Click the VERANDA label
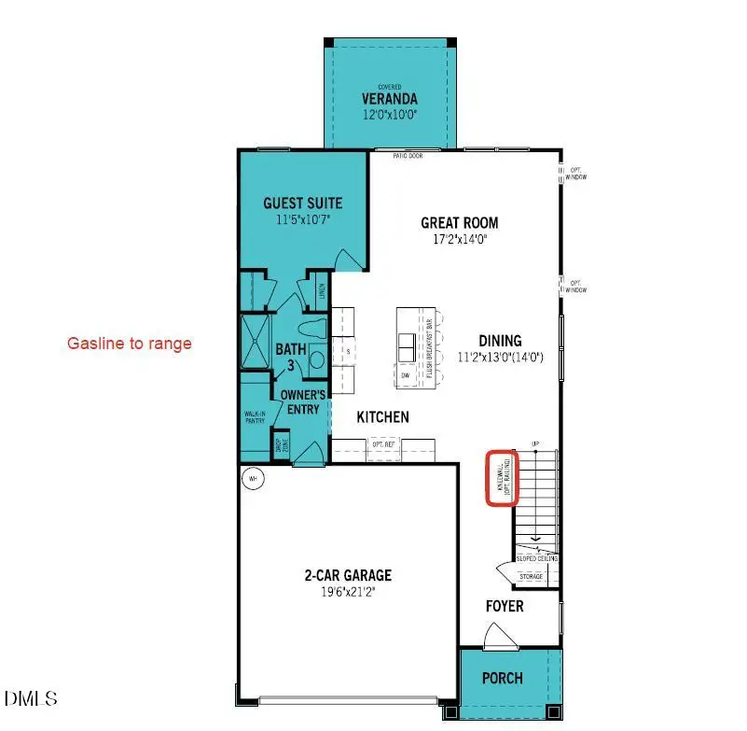[x=390, y=99]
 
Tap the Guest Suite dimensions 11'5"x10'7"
[x=302, y=220]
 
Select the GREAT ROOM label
[x=459, y=223]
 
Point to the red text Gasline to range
[x=129, y=344]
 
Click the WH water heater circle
[x=251, y=479]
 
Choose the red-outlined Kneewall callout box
[x=503, y=477]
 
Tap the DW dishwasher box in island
[x=407, y=375]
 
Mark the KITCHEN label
[x=382, y=417]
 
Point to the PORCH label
[x=502, y=678]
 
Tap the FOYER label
[x=504, y=607]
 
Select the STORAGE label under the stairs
[x=531, y=577]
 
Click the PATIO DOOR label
[x=408, y=156]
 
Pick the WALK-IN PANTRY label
[x=256, y=416]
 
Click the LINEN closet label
[x=322, y=295]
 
